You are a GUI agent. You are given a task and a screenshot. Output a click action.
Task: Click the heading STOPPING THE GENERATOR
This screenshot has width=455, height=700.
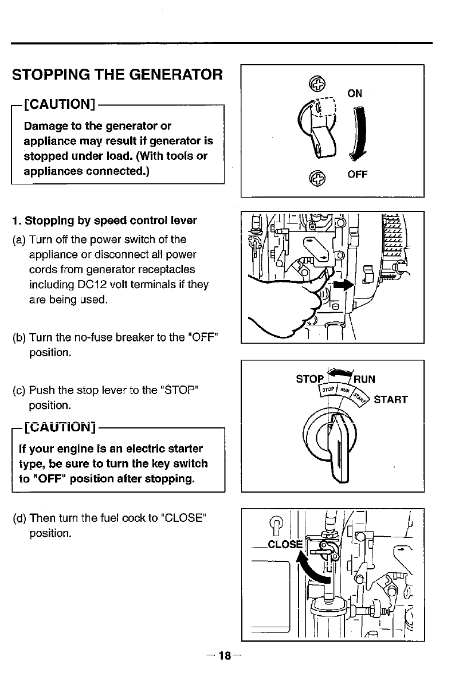click(x=117, y=74)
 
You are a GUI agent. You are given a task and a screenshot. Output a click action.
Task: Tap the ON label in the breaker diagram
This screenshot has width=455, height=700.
click(x=355, y=93)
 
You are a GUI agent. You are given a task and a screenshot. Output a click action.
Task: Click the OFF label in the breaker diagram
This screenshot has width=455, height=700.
click(x=357, y=174)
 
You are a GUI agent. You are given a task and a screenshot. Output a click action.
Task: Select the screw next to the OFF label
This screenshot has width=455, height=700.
click(x=316, y=179)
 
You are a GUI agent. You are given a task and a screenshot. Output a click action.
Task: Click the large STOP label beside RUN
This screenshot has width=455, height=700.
click(x=309, y=379)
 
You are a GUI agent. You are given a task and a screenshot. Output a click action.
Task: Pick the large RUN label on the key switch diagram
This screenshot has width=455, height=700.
click(x=364, y=379)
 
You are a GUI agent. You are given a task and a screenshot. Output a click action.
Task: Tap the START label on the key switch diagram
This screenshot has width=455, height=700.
click(x=390, y=399)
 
